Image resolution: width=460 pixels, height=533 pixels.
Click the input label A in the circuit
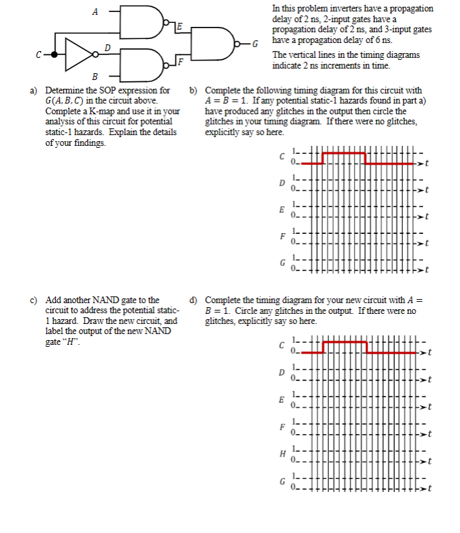tap(94, 11)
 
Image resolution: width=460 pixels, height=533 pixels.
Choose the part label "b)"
tap(194, 90)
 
